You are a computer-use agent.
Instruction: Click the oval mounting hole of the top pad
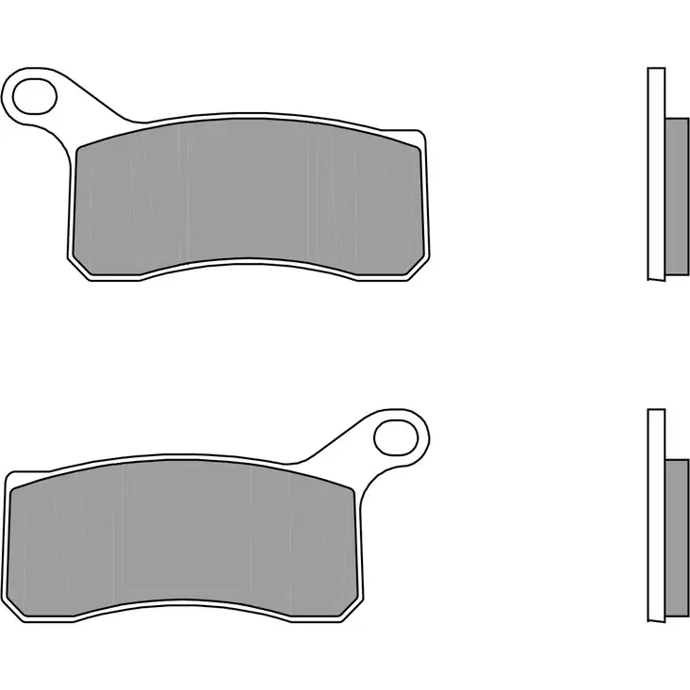(36, 94)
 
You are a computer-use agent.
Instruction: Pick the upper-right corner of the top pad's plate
(422, 132)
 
